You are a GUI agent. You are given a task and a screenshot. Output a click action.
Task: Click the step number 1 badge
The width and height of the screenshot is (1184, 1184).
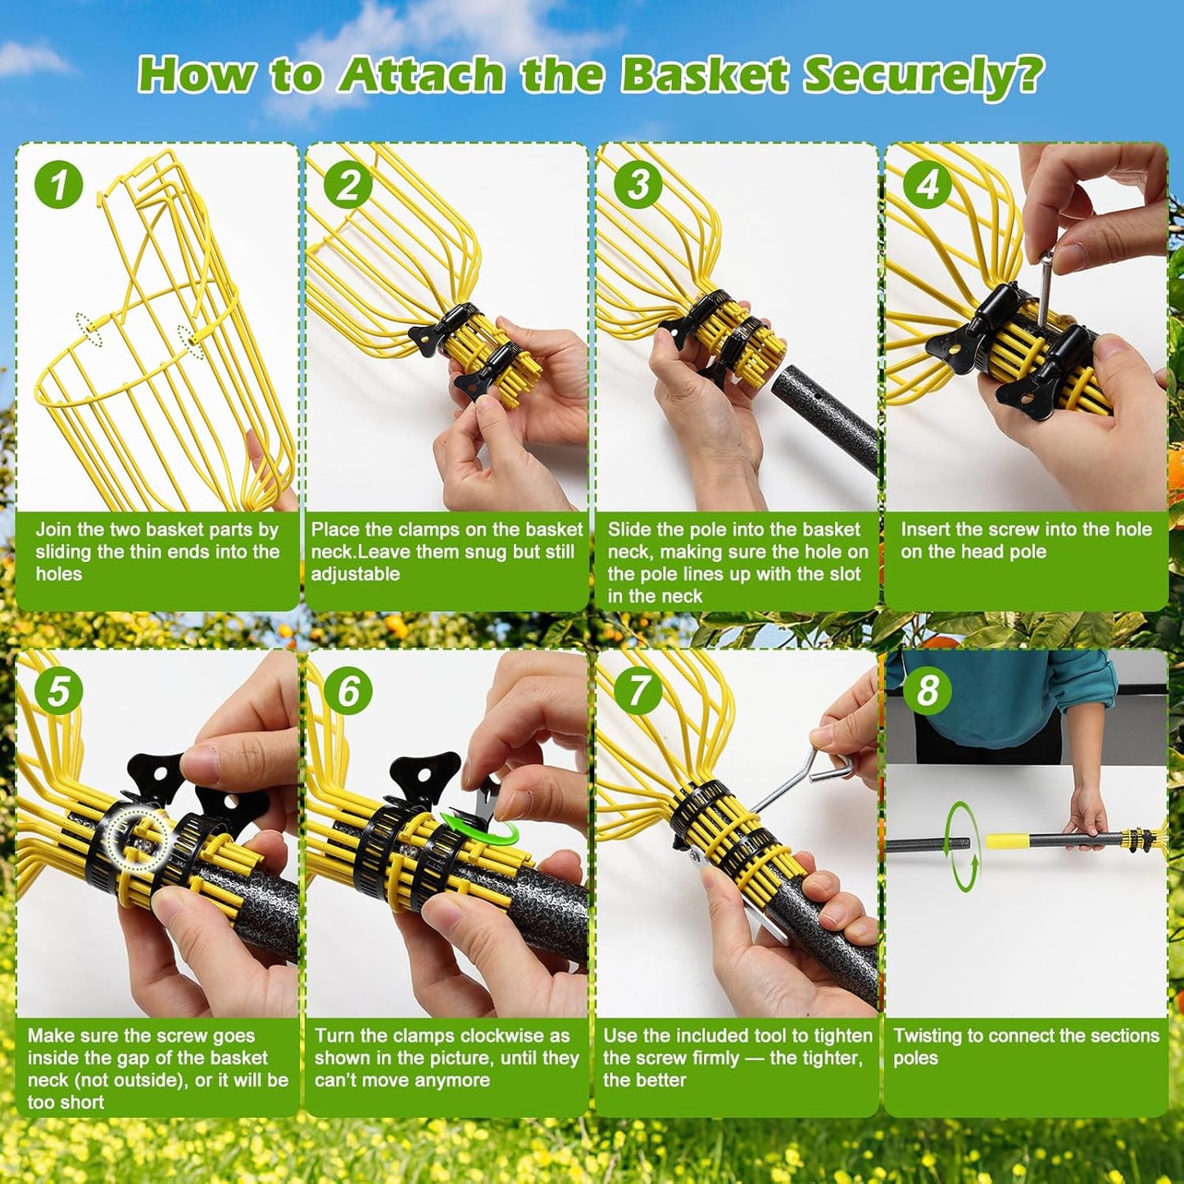pyautogui.click(x=59, y=184)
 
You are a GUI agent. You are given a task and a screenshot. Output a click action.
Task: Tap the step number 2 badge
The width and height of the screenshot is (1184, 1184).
pyautogui.click(x=348, y=184)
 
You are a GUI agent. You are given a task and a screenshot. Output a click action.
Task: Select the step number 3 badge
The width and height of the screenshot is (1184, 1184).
pyautogui.click(x=638, y=184)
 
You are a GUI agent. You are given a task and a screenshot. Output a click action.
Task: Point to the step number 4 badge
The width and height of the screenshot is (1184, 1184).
pyautogui.click(x=928, y=184)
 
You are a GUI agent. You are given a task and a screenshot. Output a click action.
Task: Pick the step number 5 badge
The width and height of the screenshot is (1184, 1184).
pyautogui.click(x=59, y=691)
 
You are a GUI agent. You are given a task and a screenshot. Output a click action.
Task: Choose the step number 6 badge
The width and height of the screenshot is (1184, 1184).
pyautogui.click(x=348, y=691)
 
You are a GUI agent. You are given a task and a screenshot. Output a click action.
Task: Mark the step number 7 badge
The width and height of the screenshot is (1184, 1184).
pyautogui.click(x=638, y=691)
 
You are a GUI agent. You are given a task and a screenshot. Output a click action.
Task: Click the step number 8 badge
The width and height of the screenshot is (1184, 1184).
pyautogui.click(x=928, y=691)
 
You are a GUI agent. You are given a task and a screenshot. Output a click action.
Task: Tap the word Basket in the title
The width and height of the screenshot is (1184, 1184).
pyautogui.click(x=704, y=75)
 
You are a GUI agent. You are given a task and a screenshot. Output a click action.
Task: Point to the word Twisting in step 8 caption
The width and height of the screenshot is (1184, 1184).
pyautogui.click(x=928, y=1036)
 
